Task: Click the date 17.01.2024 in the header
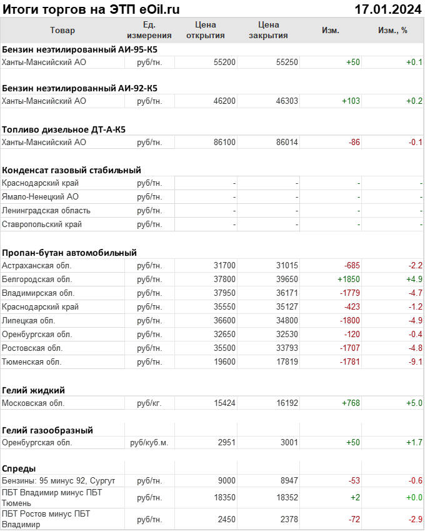click(x=387, y=9)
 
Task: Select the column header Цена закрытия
click(x=268, y=30)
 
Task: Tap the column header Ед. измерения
click(x=149, y=30)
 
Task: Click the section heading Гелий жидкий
click(x=34, y=390)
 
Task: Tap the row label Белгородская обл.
click(x=37, y=279)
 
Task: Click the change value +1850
click(x=348, y=279)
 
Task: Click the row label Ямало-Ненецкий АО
click(x=40, y=196)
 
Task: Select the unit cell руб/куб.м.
click(x=149, y=443)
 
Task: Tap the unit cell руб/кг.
click(x=149, y=403)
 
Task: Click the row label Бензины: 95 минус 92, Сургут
click(x=59, y=480)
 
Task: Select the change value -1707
click(x=349, y=348)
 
